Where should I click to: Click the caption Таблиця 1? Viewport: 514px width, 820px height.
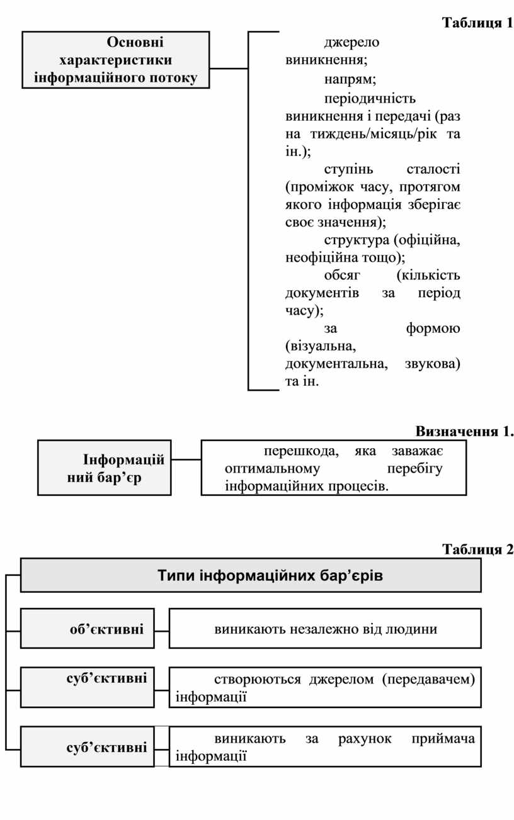[477, 23]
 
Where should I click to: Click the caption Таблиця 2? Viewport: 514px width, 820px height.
[477, 549]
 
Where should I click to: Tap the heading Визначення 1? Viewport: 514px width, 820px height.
[464, 431]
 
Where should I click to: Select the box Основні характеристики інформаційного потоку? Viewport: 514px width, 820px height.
[116, 60]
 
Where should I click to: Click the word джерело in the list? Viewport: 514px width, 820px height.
[351, 42]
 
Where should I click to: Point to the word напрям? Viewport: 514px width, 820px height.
[350, 79]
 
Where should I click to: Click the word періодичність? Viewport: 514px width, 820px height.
[370, 98]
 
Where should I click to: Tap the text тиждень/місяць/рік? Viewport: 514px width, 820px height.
[374, 134]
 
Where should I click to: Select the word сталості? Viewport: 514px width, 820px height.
[433, 169]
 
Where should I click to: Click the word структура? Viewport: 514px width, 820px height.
[357, 240]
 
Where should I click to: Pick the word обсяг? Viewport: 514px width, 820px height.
[342, 275]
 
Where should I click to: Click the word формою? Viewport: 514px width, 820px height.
[433, 329]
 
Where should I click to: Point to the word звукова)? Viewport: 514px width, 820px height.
[433, 364]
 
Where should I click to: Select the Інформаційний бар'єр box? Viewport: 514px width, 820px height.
[105, 468]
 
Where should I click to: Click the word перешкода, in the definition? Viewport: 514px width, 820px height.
[301, 451]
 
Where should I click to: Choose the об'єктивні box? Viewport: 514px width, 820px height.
[88, 629]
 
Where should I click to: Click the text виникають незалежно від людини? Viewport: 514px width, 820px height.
[326, 629]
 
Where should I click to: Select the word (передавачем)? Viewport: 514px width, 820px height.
[428, 680]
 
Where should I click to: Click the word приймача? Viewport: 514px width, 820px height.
[443, 738]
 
